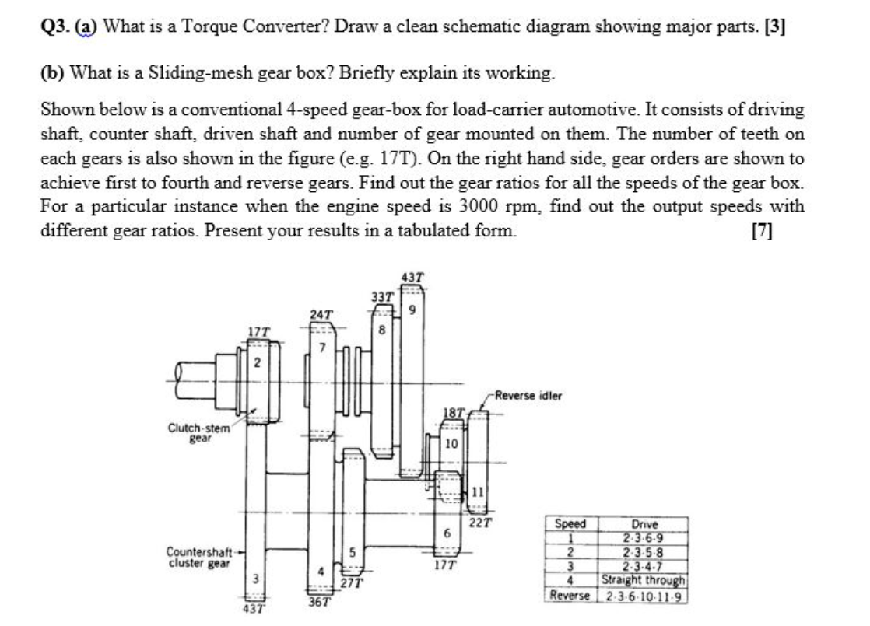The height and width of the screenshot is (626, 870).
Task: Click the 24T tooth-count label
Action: pyautogui.click(x=321, y=314)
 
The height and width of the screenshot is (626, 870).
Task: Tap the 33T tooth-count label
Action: pyautogui.click(x=381, y=296)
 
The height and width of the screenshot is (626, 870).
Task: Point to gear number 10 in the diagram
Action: pyautogui.click(x=451, y=444)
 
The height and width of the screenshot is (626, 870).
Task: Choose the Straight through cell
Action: pyautogui.click(x=644, y=580)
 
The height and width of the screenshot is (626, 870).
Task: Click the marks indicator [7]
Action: pyautogui.click(x=763, y=231)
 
